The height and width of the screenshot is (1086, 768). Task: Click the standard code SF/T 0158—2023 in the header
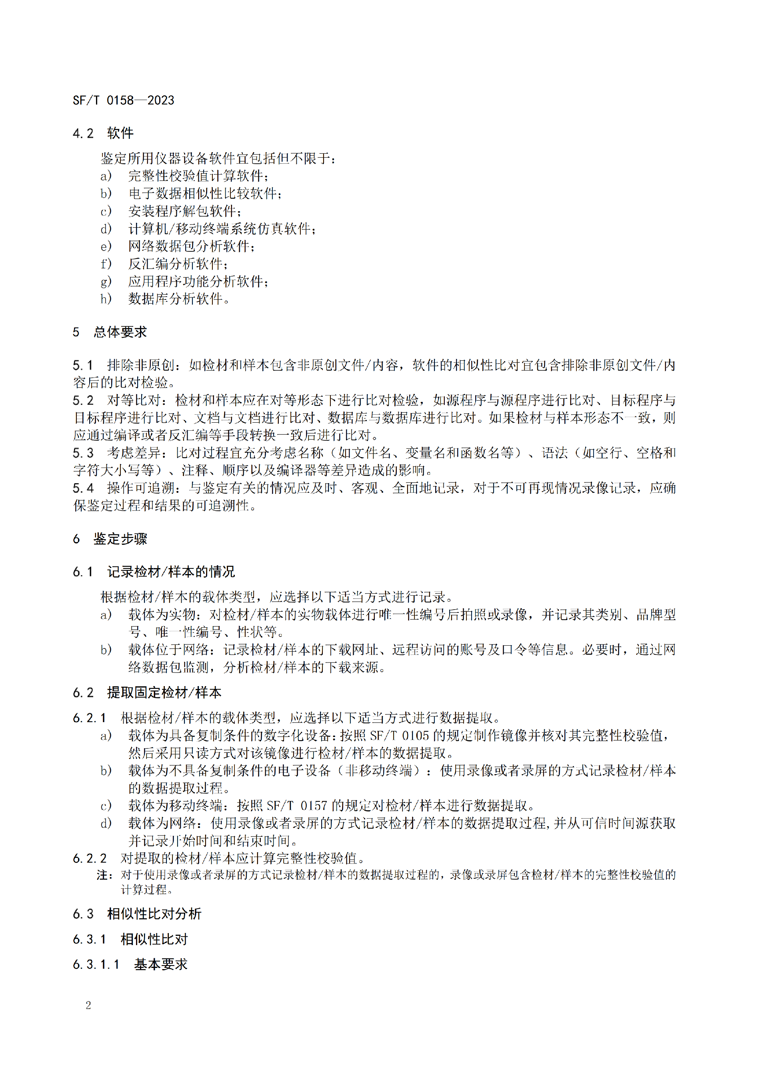pos(124,100)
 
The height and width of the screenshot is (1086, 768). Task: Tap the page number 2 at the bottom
pos(88,1005)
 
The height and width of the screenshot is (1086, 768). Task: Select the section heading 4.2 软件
pos(103,133)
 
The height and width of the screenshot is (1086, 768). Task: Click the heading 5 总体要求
pos(110,332)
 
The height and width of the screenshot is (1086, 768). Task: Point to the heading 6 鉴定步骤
pos(110,538)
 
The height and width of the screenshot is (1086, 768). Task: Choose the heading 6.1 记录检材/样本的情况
pos(154,572)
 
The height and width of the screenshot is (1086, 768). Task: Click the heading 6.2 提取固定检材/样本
pos(147,693)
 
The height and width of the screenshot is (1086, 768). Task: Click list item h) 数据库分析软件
pos(165,299)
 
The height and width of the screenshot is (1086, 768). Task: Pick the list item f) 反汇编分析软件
pos(164,263)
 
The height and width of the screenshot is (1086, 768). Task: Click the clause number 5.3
pos(83,453)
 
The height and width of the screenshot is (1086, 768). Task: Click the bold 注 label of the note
pos(104,875)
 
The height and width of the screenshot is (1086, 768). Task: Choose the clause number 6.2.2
pos(90,858)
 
